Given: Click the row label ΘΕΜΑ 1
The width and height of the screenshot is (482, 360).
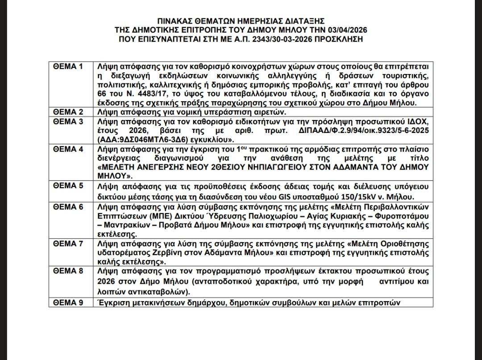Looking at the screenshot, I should [68, 66].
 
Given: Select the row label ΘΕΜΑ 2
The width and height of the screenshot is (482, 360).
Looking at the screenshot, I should [68, 112].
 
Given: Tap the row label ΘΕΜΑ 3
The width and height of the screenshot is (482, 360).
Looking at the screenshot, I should [68, 121].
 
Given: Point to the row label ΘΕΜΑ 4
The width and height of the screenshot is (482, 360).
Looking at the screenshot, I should [68, 149].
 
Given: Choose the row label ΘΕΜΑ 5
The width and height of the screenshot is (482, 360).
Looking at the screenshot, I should [68, 186].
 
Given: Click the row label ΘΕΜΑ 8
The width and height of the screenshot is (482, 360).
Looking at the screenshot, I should [68, 271].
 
